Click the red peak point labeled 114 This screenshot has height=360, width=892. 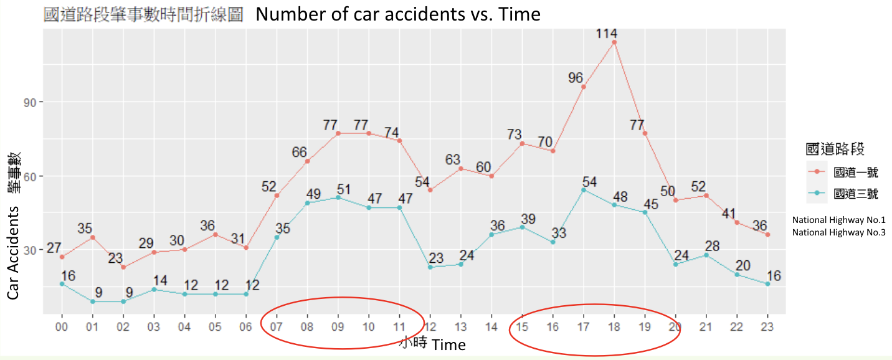614,42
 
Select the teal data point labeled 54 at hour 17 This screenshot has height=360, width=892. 584,190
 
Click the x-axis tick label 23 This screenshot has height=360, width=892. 767,326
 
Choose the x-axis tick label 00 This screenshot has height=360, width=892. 62,326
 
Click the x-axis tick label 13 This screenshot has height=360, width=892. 461,326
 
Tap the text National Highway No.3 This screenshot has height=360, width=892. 838,232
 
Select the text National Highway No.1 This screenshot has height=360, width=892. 838,220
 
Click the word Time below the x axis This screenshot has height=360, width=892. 448,344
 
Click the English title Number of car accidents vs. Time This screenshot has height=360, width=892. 398,14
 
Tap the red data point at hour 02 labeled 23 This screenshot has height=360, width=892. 123,267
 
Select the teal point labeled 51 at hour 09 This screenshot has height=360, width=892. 338,197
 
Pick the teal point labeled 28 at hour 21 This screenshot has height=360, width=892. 706,255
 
